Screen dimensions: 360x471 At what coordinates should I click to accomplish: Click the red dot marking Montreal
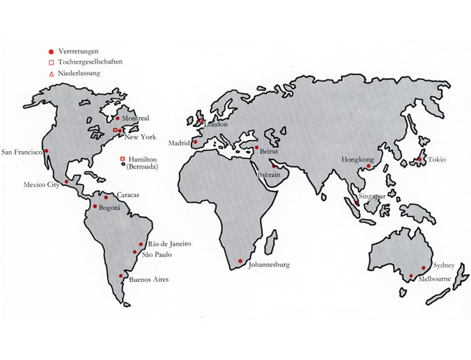(119, 119)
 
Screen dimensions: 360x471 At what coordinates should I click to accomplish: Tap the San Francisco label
(22, 152)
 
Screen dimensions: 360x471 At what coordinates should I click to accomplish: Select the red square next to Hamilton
(122, 158)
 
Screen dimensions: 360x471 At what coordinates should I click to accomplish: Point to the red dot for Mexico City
(66, 182)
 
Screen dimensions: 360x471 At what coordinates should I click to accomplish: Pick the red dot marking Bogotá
(95, 206)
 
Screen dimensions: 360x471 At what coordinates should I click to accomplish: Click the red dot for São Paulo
(135, 252)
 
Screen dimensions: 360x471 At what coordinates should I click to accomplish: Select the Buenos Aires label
(149, 280)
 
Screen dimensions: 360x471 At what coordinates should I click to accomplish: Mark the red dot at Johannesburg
(240, 261)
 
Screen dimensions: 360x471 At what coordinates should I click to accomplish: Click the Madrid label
(180, 143)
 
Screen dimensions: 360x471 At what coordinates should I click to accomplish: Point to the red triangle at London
(201, 121)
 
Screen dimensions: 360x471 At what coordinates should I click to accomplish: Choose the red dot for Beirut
(257, 147)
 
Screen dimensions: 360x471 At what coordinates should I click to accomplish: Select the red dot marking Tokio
(419, 160)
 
